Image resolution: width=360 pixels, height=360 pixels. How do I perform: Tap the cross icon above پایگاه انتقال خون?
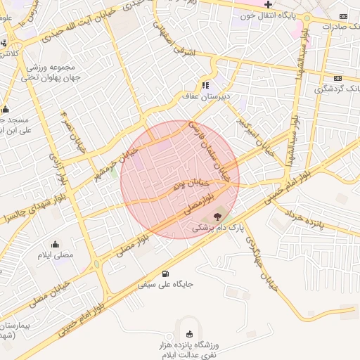pos(267,4)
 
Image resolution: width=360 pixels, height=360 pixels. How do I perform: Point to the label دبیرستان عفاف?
pos(209,96)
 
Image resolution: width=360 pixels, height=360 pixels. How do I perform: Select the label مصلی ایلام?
pos(56,255)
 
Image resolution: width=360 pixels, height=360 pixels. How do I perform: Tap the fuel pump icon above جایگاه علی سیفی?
pos(165,274)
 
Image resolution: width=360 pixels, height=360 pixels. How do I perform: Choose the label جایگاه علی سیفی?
pos(165,285)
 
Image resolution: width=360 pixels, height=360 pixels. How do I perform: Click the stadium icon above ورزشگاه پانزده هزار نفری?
pos(188,334)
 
